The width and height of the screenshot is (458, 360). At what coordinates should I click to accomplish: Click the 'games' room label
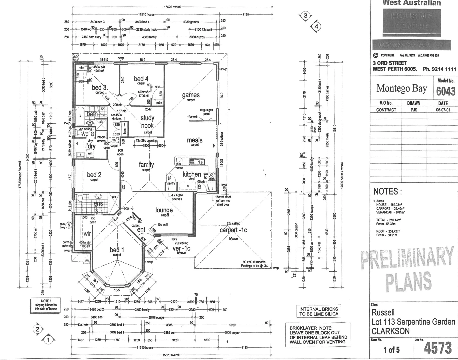191,95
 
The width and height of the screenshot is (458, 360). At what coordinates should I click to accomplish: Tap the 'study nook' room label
147,122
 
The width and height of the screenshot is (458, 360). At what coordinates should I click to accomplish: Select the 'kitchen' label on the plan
192,174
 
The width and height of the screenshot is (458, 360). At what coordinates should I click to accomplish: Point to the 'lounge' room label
164,210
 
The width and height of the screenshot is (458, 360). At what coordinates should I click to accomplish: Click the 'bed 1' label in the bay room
117,250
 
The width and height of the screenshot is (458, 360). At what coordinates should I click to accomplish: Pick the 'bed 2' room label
94,175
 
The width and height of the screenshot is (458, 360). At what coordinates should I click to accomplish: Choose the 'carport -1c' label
233,230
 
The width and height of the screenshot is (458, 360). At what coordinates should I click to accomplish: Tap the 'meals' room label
195,140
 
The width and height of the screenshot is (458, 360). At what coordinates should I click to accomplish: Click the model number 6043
445,91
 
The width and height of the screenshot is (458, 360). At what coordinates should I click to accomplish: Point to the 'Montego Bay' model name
402,88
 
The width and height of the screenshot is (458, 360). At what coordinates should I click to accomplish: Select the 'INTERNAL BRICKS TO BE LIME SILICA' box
318,311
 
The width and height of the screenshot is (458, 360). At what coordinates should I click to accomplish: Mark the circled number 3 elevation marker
306,16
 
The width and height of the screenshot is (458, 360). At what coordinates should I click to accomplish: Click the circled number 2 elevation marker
38,329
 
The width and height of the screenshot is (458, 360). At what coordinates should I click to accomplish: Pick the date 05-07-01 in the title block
443,110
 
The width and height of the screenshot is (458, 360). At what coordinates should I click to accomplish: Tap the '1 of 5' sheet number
392,350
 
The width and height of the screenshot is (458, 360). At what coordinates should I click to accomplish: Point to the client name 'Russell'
383,312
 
